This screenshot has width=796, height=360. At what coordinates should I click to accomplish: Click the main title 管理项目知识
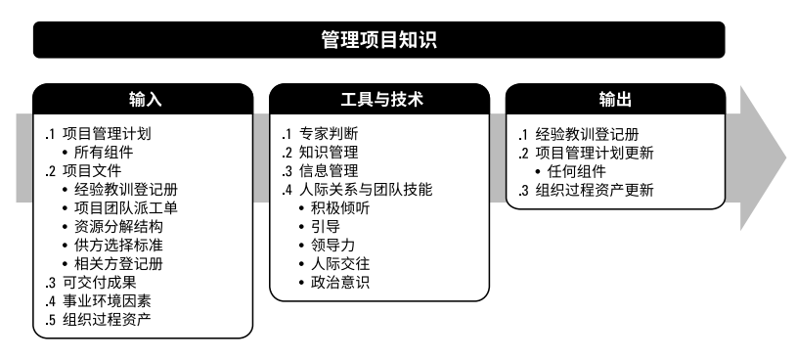[378, 40]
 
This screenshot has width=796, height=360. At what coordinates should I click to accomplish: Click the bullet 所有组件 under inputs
[105, 152]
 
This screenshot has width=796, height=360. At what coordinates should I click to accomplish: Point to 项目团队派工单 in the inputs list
[126, 207]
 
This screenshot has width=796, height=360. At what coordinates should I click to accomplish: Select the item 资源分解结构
[119, 226]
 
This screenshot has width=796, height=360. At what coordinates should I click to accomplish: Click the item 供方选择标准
[119, 245]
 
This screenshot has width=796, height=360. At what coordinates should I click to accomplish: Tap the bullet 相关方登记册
[119, 263]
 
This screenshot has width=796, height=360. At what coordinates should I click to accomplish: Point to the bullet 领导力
[333, 245]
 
